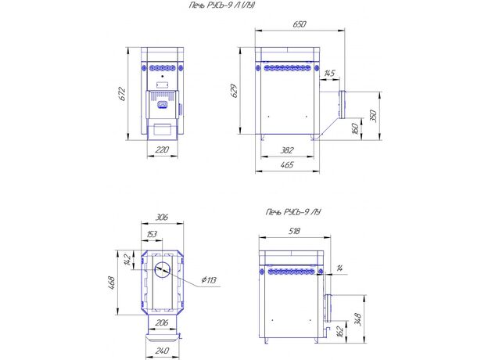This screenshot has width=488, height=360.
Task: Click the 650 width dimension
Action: pos(300,24)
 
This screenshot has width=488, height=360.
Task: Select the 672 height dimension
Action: pos(122,94)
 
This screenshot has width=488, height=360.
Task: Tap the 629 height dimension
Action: pos(235,91)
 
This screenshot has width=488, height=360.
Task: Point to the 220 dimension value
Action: pos(162,149)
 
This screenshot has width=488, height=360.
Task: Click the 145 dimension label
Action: pos(329,74)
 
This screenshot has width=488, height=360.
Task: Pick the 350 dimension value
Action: pos(374,116)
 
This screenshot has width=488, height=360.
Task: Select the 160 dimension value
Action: pos(355,128)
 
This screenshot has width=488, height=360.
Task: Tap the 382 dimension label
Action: pos(287,150)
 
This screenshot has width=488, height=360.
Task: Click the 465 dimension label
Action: pos(287,165)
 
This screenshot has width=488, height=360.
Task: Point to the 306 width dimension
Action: pos(162,217)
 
